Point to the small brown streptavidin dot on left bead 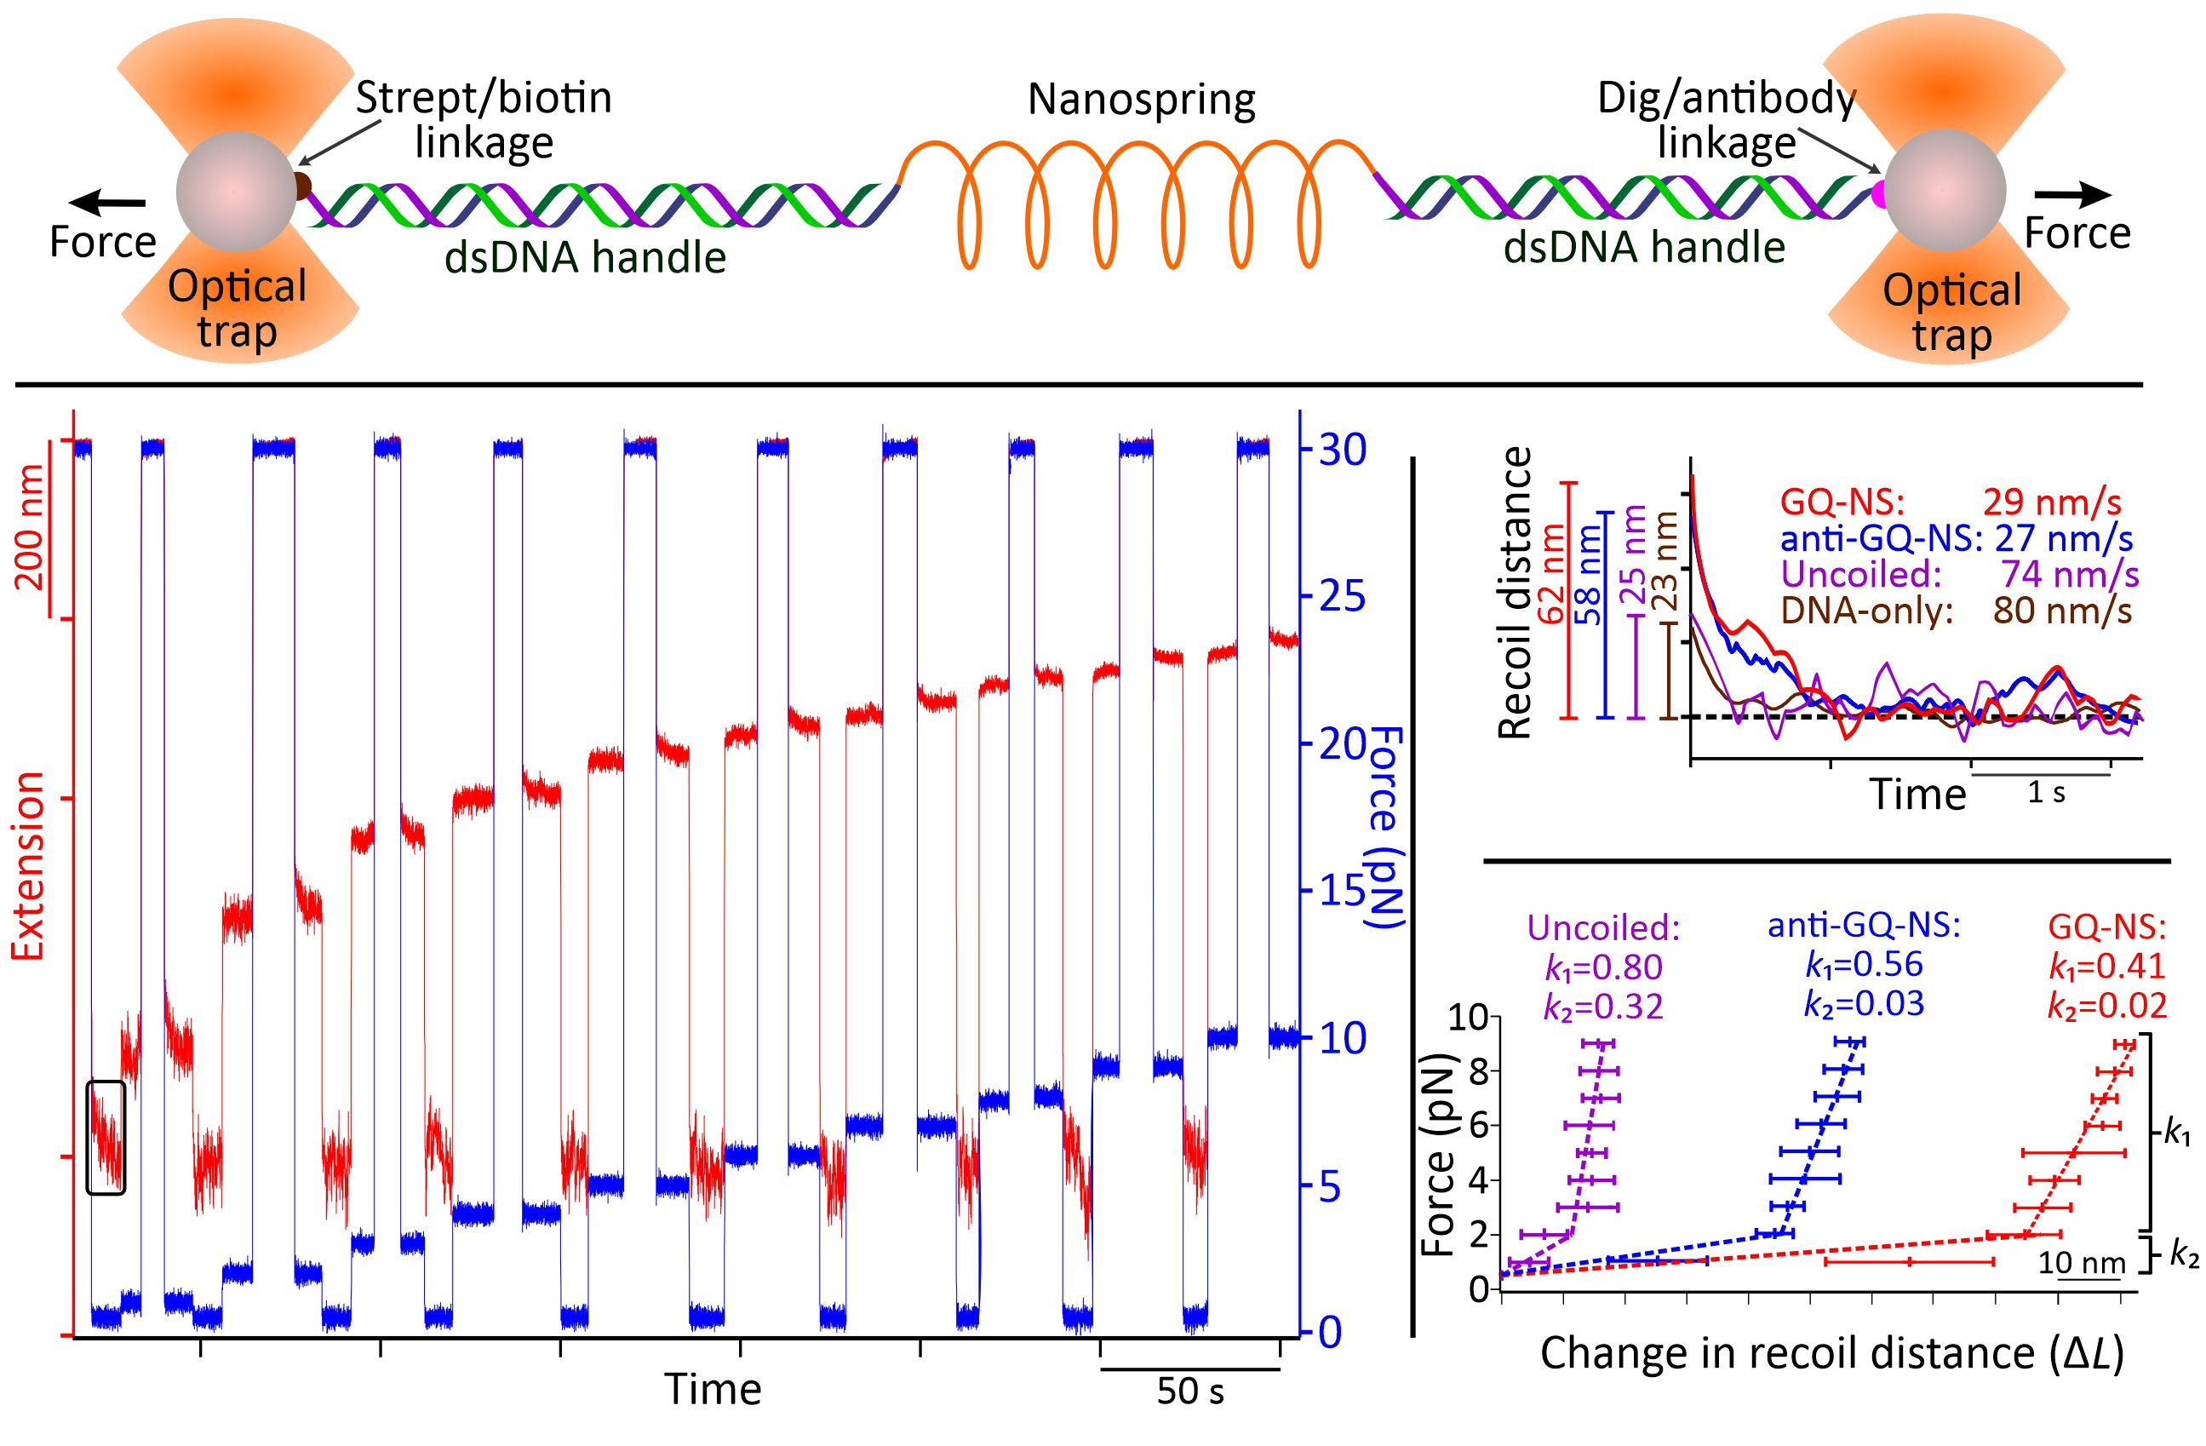302,186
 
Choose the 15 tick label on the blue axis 1335,891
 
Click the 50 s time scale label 1190,1392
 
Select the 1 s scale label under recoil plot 2047,794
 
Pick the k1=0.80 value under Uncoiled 1603,967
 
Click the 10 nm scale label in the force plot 2080,1262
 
